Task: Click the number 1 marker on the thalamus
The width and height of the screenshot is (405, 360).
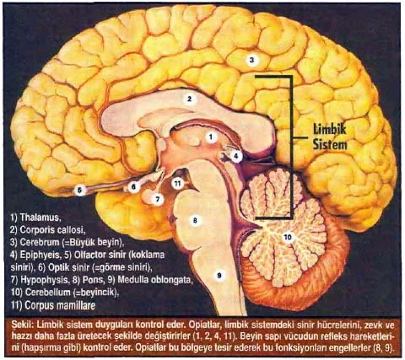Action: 211,137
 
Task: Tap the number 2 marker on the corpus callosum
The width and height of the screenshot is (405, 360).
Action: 190,99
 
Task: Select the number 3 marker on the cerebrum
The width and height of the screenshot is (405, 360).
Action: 251,60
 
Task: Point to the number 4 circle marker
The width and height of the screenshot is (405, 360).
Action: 236,156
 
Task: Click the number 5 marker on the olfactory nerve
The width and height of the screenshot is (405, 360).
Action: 80,191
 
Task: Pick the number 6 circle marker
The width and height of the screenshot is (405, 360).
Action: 133,186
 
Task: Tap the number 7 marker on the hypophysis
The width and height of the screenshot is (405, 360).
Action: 158,199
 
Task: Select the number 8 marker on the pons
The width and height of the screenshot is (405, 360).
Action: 195,220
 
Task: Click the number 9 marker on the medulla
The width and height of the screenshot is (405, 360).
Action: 219,275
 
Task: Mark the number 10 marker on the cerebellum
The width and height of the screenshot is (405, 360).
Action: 288,238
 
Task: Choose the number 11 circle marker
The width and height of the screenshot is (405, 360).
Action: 177,184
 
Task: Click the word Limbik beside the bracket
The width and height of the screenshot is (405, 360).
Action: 330,130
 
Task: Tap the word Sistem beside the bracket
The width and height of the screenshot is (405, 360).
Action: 330,144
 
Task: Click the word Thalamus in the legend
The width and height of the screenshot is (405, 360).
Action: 40,218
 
